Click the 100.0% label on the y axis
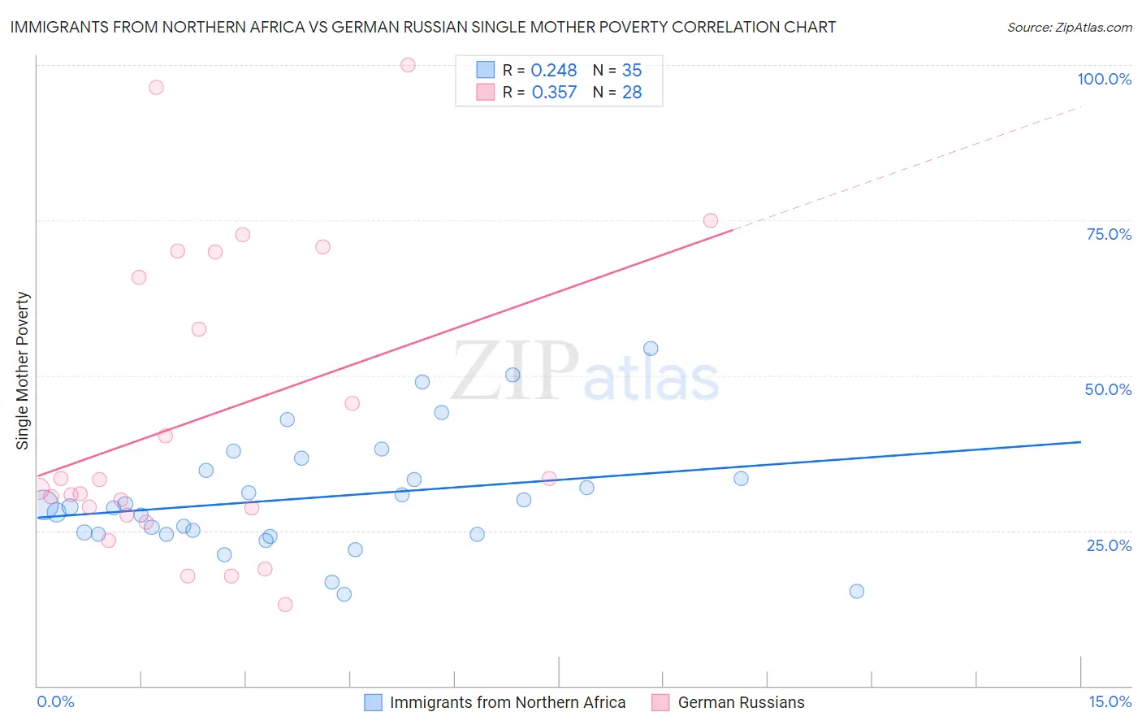(1104, 79)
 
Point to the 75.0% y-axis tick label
(1109, 234)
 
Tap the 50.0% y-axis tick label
(1108, 389)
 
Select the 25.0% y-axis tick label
(1109, 545)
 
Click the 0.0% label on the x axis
(55, 701)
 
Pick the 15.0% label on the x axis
(1110, 701)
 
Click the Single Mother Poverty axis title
(23, 371)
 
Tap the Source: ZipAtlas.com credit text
(1069, 28)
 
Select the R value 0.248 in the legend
(553, 71)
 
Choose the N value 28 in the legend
(632, 93)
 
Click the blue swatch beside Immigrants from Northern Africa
(373, 702)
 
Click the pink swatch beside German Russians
(660, 702)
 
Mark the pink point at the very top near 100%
(409, 65)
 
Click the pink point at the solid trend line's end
(711, 220)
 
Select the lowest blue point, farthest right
(857, 591)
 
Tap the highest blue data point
(651, 349)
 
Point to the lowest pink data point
(285, 605)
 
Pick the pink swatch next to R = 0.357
(486, 92)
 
